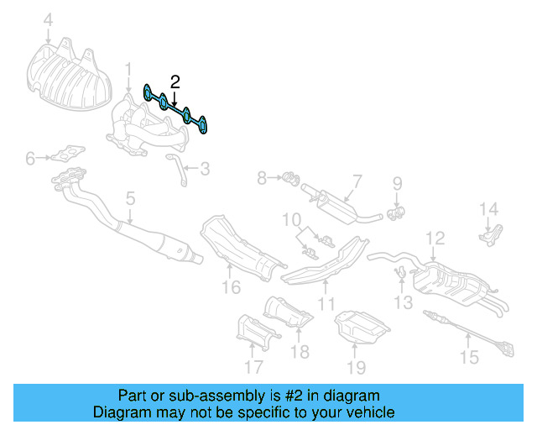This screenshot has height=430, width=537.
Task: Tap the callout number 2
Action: [x=175, y=81]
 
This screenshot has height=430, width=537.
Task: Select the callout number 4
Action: [x=48, y=19]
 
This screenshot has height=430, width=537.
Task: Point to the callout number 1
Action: [x=128, y=67]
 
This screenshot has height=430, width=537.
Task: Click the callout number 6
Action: [x=30, y=158]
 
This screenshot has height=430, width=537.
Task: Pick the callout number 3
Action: [x=205, y=169]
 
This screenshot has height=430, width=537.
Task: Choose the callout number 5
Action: [x=130, y=199]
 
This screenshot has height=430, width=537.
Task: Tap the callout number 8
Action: [x=262, y=178]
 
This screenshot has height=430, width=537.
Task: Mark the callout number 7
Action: [x=356, y=181]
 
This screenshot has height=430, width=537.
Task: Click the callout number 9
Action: [x=398, y=182]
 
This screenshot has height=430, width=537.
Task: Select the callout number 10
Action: [x=291, y=221]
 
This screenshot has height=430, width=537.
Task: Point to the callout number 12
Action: [x=434, y=239]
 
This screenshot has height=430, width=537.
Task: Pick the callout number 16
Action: [x=231, y=288]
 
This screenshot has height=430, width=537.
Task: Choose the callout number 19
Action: [x=357, y=367]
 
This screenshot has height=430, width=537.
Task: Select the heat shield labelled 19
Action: [x=359, y=328]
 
